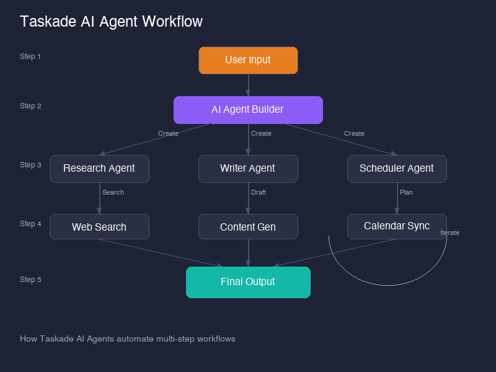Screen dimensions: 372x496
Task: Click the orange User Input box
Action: tap(248, 60)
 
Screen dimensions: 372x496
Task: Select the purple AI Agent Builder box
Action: tap(248, 110)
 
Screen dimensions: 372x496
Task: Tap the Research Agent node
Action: tap(99, 169)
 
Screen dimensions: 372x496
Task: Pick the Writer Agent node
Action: tap(248, 169)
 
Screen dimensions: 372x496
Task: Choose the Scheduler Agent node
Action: tap(397, 169)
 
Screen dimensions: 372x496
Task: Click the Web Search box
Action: tap(99, 227)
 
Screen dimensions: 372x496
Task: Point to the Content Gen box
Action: tap(248, 227)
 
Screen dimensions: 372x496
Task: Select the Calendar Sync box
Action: tap(397, 226)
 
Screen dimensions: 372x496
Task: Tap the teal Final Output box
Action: tap(248, 282)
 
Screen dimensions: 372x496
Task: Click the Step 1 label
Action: tap(30, 56)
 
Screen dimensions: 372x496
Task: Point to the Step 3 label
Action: tap(30, 165)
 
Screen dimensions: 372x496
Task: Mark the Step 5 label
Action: tap(30, 280)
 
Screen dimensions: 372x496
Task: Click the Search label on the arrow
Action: tap(113, 192)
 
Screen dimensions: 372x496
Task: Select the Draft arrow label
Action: tap(259, 192)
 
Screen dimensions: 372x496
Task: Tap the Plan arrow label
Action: tap(406, 192)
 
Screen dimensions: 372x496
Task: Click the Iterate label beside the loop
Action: tap(449, 232)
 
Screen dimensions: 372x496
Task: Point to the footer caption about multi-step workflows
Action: tap(128, 339)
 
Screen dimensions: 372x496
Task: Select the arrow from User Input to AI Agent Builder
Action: tap(248, 85)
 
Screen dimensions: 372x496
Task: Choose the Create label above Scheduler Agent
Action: tap(354, 133)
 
